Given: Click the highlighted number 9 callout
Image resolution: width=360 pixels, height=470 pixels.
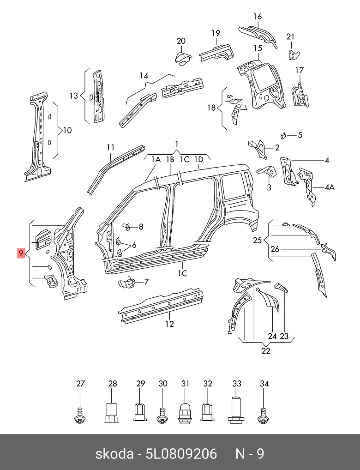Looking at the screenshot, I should click(x=21, y=253).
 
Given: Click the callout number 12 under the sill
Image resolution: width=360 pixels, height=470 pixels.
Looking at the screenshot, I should click(x=169, y=324).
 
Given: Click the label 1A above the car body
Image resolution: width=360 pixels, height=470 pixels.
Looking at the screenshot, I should click(x=156, y=159).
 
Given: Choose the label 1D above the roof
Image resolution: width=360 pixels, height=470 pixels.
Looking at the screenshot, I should click(x=198, y=159).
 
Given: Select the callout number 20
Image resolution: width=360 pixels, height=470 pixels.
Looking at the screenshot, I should click(x=181, y=41).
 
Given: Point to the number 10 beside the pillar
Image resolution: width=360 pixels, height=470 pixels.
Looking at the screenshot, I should click(x=67, y=131).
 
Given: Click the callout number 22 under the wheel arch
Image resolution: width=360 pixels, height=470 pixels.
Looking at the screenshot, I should click(x=265, y=351).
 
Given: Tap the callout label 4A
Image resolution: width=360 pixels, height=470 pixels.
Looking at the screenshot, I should click(x=330, y=187).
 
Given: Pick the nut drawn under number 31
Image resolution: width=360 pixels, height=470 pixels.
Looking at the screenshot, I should click(x=185, y=411).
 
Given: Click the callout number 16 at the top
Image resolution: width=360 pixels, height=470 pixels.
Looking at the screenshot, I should click(x=257, y=17).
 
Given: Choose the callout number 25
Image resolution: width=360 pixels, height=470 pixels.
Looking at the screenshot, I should click(x=257, y=240).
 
